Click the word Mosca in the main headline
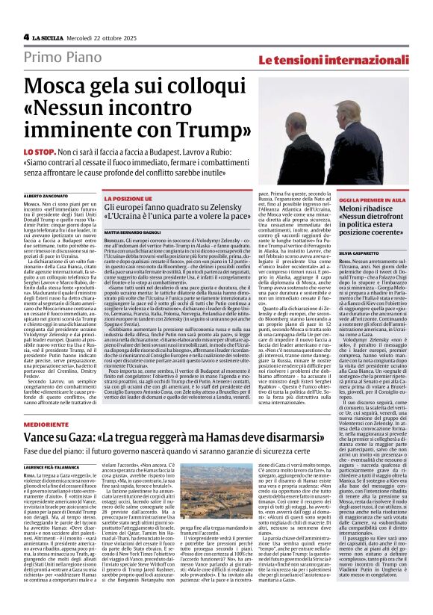click(x=63, y=87)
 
